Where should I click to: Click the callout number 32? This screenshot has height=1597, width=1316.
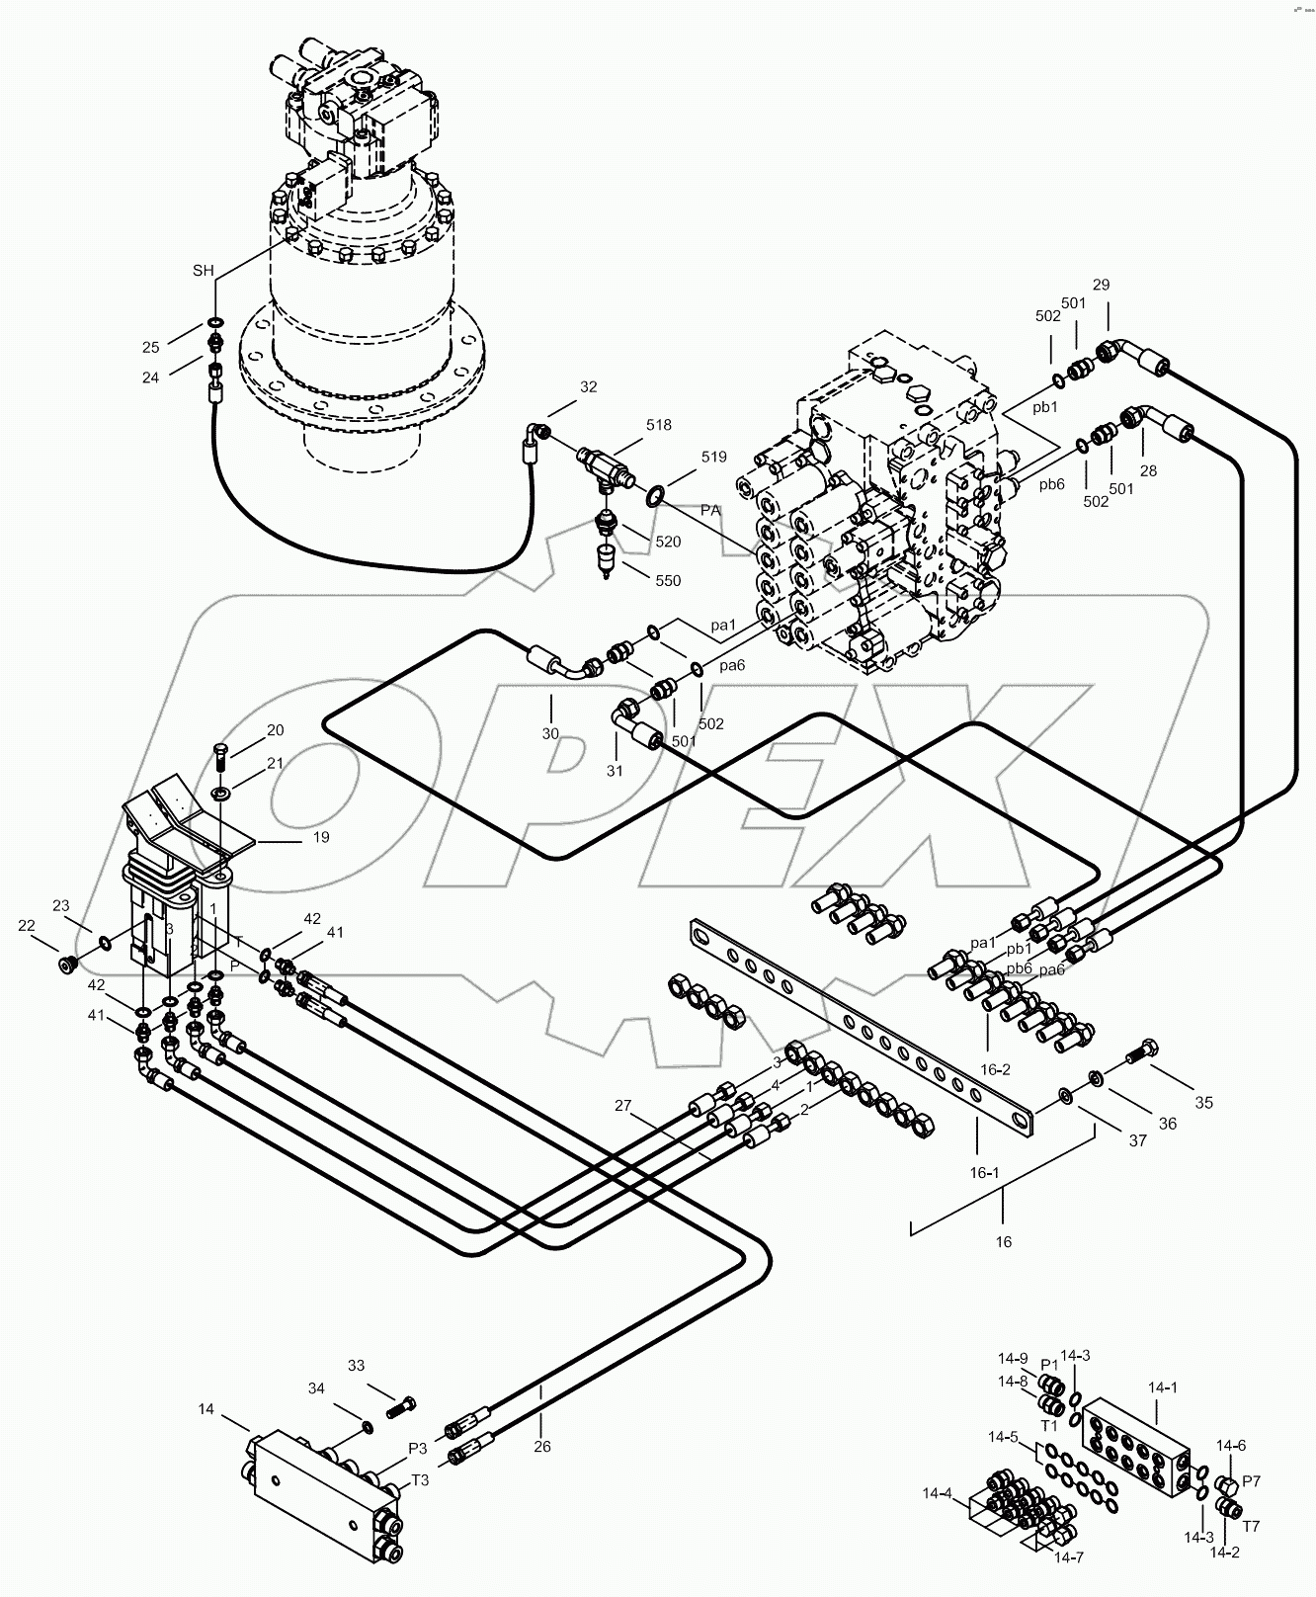[588, 387]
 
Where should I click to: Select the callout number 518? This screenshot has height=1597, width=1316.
[658, 425]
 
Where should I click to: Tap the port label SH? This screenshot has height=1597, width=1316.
[203, 271]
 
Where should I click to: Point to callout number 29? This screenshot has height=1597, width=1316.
[1101, 285]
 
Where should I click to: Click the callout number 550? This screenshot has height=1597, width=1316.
[668, 581]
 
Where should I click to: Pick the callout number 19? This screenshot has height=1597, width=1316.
[321, 837]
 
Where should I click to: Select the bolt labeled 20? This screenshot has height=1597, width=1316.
[223, 758]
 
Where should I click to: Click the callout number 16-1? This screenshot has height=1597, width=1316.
[983, 1173]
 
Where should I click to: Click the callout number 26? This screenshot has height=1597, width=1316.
[541, 1447]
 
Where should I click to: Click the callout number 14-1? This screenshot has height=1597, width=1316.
[1163, 1387]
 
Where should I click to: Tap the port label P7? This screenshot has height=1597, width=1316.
[1251, 1480]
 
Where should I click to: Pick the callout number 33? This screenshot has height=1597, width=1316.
[356, 1366]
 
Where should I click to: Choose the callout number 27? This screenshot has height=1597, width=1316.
[622, 1106]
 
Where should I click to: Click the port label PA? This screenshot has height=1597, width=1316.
[709, 510]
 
